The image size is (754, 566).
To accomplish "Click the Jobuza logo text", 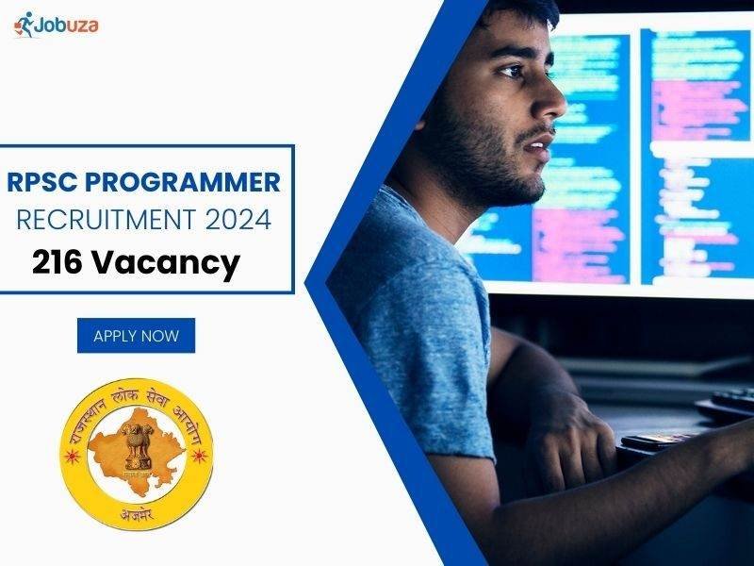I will pos(68,25).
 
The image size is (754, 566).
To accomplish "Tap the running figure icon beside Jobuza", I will pos(25,25).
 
